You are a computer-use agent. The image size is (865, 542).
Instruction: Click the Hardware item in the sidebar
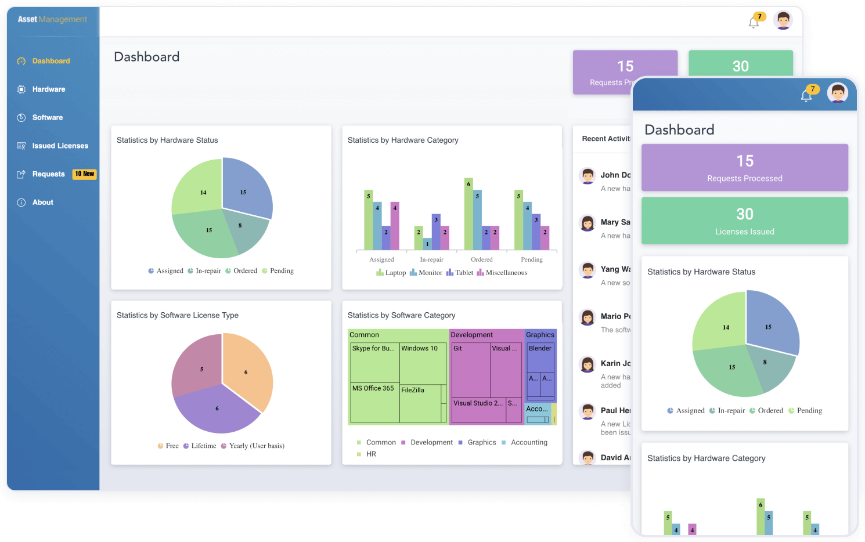coord(48,89)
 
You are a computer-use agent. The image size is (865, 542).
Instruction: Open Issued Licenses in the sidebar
coord(60,146)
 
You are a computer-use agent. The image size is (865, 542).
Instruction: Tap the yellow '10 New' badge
coord(84,174)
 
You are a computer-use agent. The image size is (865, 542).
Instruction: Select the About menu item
coord(42,203)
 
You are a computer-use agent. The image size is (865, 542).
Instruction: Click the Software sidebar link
coord(47,118)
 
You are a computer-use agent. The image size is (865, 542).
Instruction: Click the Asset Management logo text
coord(52,19)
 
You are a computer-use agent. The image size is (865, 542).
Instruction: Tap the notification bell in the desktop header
coord(754,23)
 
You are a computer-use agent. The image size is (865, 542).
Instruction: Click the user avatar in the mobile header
coord(837,93)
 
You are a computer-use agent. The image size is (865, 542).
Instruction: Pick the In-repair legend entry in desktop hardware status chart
coord(207,271)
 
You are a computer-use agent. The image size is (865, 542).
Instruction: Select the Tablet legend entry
coord(463,273)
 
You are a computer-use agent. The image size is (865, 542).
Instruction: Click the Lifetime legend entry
coord(203,446)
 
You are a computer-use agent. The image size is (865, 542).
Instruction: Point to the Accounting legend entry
coord(528,442)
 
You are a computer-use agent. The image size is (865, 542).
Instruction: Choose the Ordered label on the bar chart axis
coord(481,259)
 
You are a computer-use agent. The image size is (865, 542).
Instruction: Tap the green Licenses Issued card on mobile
coord(744,221)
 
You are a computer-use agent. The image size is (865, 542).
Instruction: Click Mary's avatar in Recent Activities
coord(588,223)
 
